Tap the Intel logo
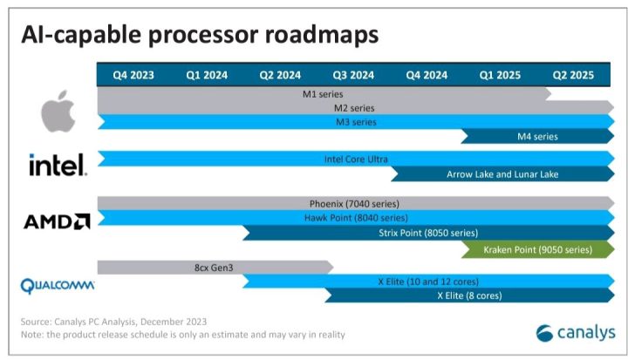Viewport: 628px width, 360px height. click(57, 164)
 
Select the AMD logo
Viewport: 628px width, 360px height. click(57, 221)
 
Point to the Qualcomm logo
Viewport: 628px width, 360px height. click(57, 284)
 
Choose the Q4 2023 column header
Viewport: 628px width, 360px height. click(133, 75)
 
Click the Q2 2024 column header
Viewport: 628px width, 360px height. click(280, 75)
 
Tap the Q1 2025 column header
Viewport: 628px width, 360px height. click(500, 75)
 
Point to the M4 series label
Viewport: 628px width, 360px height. click(537, 135)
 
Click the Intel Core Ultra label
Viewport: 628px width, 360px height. click(356, 159)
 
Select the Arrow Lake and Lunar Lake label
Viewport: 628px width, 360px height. click(502, 173)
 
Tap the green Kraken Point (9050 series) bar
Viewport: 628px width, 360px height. click(537, 249)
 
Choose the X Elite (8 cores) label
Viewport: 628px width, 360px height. click(469, 295)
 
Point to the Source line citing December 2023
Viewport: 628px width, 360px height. click(113, 321)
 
